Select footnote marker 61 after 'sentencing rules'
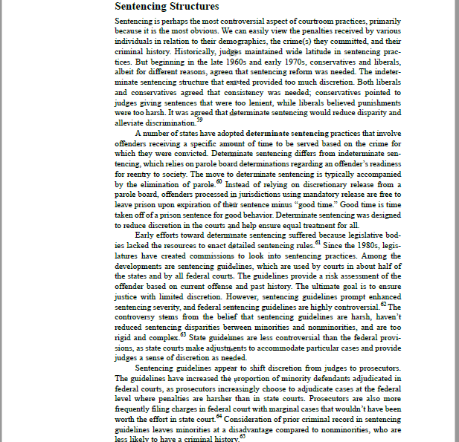[x=318, y=241]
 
